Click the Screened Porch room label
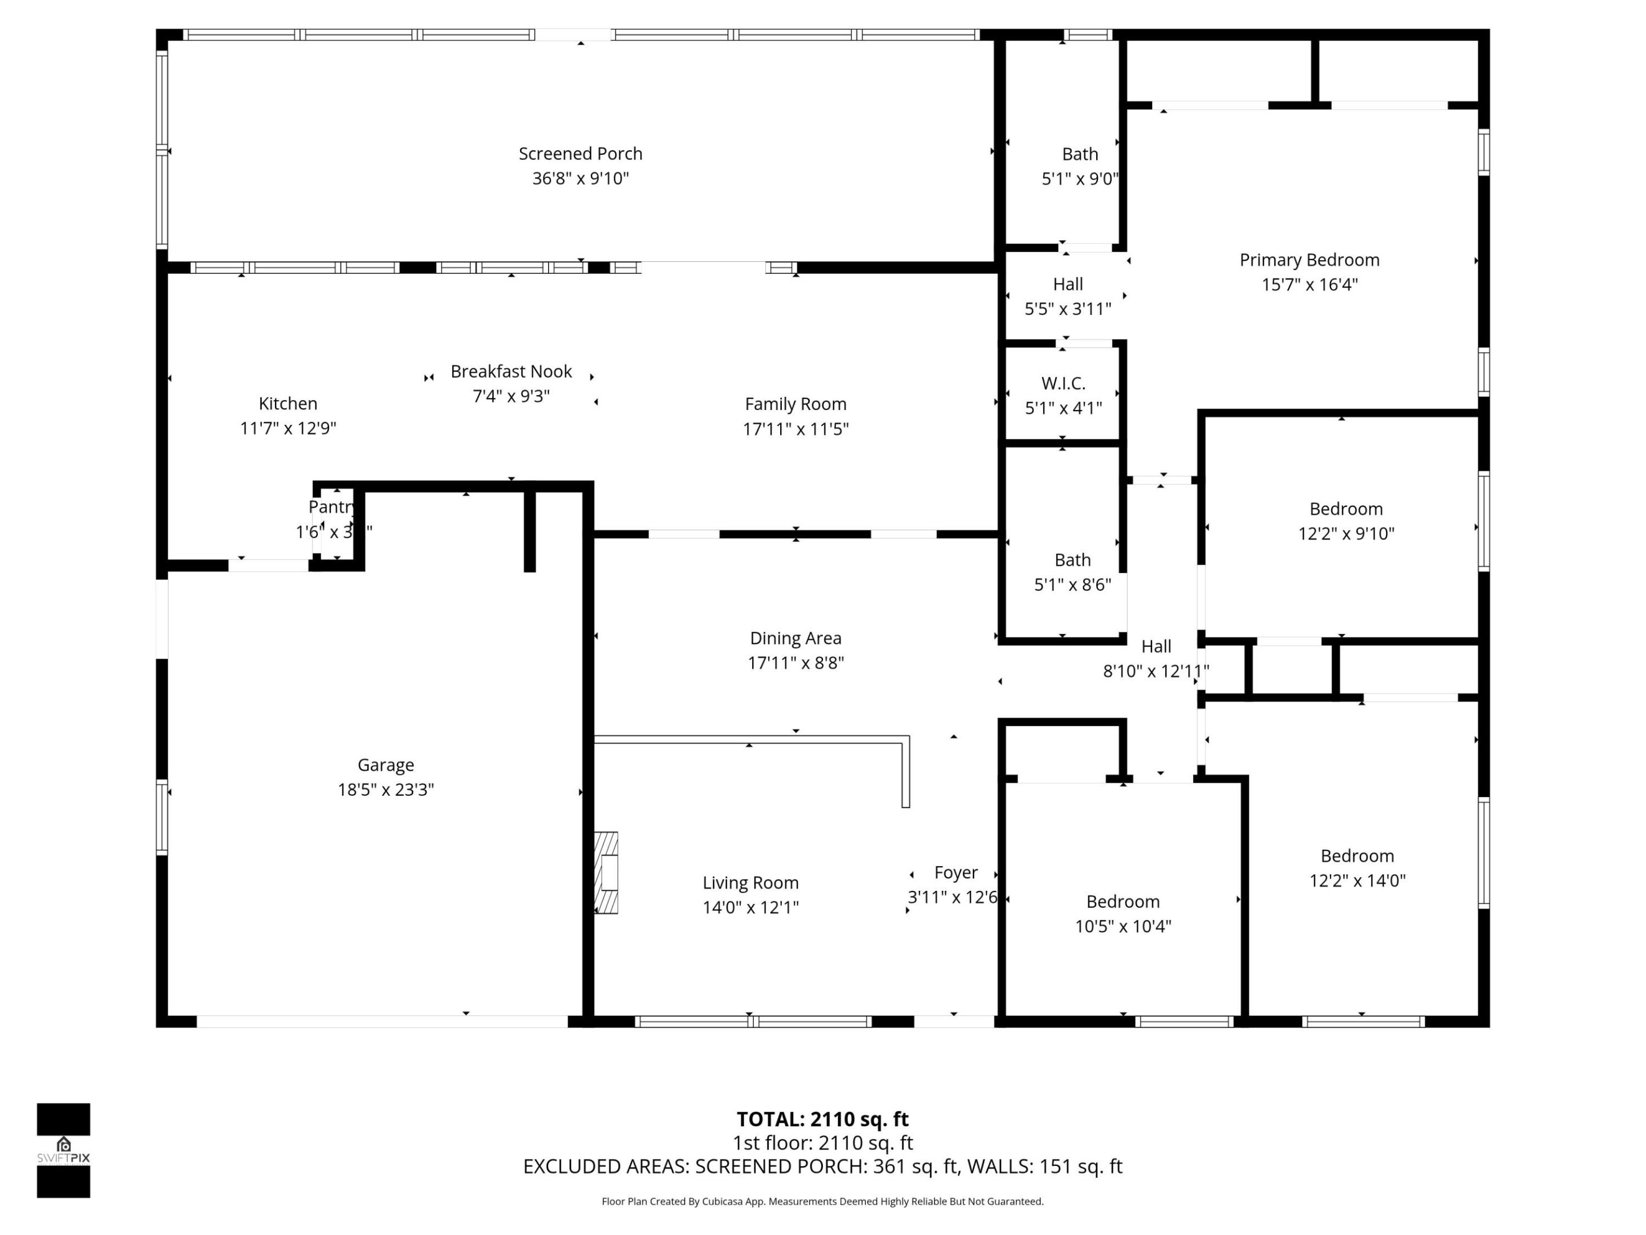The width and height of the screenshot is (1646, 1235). tap(581, 153)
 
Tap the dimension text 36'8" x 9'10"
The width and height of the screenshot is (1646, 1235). tap(581, 178)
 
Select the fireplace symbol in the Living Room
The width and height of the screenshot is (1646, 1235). tap(606, 873)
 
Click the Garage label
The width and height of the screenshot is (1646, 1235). tap(385, 764)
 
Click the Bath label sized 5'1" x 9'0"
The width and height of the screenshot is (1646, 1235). tap(1080, 154)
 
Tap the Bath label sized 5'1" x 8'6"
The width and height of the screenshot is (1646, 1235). tap(1072, 560)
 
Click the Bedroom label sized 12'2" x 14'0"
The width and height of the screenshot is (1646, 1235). tap(1357, 856)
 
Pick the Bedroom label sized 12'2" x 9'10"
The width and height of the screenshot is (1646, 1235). tap(1345, 509)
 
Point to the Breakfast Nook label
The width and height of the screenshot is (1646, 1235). tap(511, 372)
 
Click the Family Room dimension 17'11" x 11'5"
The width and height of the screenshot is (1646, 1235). tap(796, 429)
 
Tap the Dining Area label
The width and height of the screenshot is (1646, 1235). tap(796, 638)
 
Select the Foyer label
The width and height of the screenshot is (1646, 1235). tap(956, 873)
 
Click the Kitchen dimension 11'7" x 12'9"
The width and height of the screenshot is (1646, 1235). tap(288, 428)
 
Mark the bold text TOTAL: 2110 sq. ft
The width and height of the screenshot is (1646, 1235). tap(822, 1119)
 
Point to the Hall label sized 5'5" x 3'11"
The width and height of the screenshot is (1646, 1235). tap(1067, 284)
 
